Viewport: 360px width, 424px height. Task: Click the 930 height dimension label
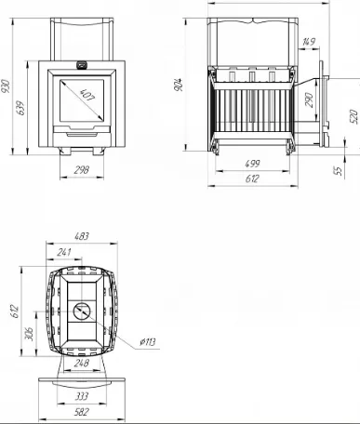[x=6, y=86]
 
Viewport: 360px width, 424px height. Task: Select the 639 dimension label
[x=21, y=108]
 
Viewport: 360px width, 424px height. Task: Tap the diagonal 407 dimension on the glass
[x=87, y=95]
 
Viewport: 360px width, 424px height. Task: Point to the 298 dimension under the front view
[x=82, y=170]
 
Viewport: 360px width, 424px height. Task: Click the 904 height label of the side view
[x=179, y=85]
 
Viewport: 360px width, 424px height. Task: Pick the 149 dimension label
[x=309, y=42]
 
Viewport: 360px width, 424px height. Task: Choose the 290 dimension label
[x=310, y=99]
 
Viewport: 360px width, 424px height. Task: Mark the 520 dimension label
[x=353, y=116]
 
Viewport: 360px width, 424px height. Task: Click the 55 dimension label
[x=339, y=170]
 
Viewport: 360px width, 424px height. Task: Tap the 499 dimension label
[x=252, y=164]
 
